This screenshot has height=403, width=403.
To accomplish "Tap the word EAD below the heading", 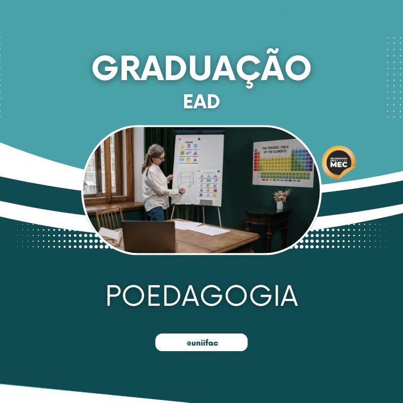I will (x=201, y=101).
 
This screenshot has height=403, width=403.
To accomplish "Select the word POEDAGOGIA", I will (x=201, y=296).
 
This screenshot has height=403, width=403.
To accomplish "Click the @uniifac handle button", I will (x=201, y=342).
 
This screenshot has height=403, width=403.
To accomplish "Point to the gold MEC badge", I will (x=339, y=163).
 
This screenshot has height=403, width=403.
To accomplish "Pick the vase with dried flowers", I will (x=280, y=199).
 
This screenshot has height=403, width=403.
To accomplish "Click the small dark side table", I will (x=267, y=224).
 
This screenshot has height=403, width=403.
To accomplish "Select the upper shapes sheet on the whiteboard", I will (x=188, y=152).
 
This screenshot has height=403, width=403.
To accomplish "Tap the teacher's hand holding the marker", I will (x=182, y=191).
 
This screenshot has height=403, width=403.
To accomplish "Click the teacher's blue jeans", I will (x=156, y=214).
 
